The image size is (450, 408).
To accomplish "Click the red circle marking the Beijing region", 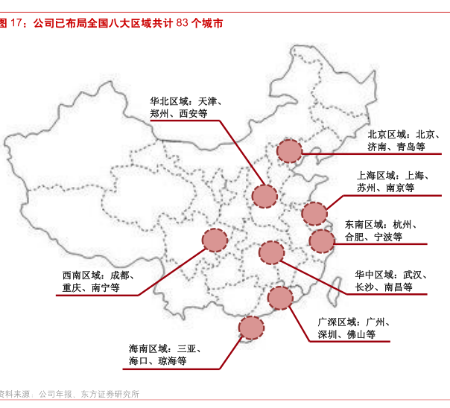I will (x=288, y=152).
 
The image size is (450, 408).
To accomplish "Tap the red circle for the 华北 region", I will (x=264, y=196).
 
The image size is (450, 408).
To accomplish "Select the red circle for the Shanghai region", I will (x=314, y=214).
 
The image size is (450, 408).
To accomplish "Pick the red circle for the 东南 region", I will (x=321, y=240).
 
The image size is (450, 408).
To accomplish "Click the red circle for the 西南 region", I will (x=215, y=240).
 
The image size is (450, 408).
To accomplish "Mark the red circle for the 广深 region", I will (x=280, y=298).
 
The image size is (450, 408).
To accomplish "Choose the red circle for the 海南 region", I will (x=251, y=328).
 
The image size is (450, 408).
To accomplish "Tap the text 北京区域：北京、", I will (x=403, y=135).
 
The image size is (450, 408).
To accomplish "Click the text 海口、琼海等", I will (x=157, y=361).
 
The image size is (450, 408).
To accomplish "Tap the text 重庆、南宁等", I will (x=92, y=287).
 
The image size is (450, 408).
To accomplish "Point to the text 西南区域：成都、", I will (x=97, y=275).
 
